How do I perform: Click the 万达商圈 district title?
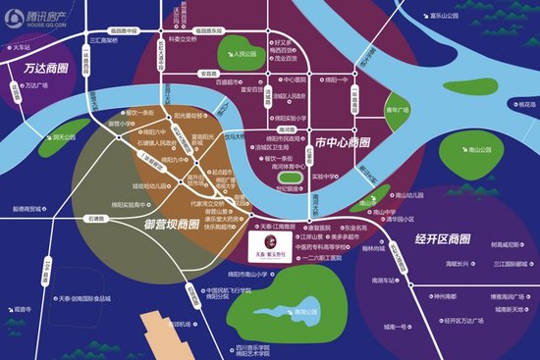[x=41, y=70]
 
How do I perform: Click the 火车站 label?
[x=23, y=46]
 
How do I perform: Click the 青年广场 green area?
[x=397, y=111]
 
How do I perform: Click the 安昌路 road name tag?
[x=207, y=73]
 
